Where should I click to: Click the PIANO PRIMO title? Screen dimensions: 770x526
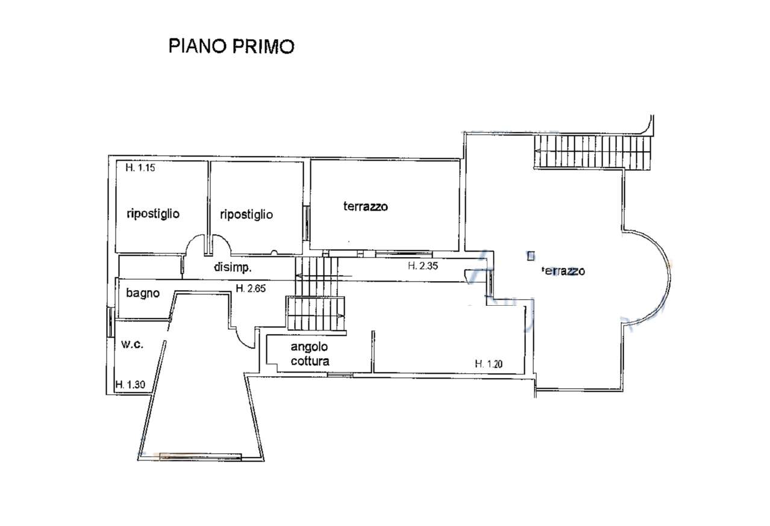click(x=231, y=46)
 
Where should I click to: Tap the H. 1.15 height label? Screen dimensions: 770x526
click(x=140, y=167)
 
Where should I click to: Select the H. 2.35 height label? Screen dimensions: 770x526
click(x=423, y=266)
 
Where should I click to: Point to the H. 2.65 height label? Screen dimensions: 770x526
click(x=251, y=288)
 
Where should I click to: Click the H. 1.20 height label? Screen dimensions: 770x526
click(x=489, y=364)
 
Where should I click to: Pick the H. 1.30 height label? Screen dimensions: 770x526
click(x=130, y=384)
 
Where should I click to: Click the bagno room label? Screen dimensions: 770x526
click(x=143, y=294)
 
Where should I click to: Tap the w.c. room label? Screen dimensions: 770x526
click(x=132, y=344)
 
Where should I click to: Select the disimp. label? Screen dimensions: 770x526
click(x=233, y=267)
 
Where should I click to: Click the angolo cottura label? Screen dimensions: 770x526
click(x=310, y=354)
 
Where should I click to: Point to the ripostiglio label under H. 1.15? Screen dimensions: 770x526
click(x=153, y=214)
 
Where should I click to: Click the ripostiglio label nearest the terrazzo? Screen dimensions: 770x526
click(x=246, y=215)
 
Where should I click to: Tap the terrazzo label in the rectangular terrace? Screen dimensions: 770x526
click(x=365, y=206)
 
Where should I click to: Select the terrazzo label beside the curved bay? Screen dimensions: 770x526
click(x=563, y=271)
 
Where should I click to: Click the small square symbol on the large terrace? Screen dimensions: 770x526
click(x=531, y=256)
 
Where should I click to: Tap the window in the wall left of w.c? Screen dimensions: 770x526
click(x=110, y=322)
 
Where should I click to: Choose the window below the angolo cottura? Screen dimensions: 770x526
click(x=340, y=374)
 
